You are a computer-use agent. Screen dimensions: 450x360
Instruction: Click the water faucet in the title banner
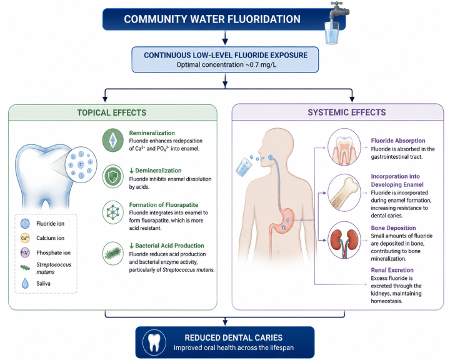point(339,10)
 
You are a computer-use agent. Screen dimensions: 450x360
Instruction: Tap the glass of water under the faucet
point(332,32)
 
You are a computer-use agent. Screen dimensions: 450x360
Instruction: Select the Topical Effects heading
point(112,112)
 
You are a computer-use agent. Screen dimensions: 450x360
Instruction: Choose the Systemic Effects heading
point(347,112)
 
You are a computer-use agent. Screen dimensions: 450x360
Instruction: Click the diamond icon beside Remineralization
point(113,140)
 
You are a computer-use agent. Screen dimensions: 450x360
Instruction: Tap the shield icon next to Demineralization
point(113,176)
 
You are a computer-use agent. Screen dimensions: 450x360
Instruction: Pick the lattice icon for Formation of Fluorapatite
point(113,212)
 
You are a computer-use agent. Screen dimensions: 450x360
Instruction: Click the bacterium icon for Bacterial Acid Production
point(113,253)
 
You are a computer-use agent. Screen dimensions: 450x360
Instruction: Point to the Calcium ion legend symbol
point(25,238)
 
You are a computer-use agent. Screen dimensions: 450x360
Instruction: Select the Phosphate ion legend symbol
point(25,252)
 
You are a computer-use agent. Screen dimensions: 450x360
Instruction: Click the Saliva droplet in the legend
point(25,283)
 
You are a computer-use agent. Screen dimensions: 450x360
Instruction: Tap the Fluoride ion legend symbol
point(25,223)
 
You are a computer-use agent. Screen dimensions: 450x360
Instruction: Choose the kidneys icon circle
point(344,240)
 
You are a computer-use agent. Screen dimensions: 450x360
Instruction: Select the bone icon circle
point(344,193)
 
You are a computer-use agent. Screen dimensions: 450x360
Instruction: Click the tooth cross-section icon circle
point(344,147)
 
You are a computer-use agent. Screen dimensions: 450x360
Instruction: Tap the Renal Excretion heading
point(392,270)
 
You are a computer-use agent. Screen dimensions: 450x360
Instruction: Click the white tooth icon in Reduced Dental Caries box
point(154,342)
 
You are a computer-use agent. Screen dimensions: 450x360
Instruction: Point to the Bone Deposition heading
point(393,228)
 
